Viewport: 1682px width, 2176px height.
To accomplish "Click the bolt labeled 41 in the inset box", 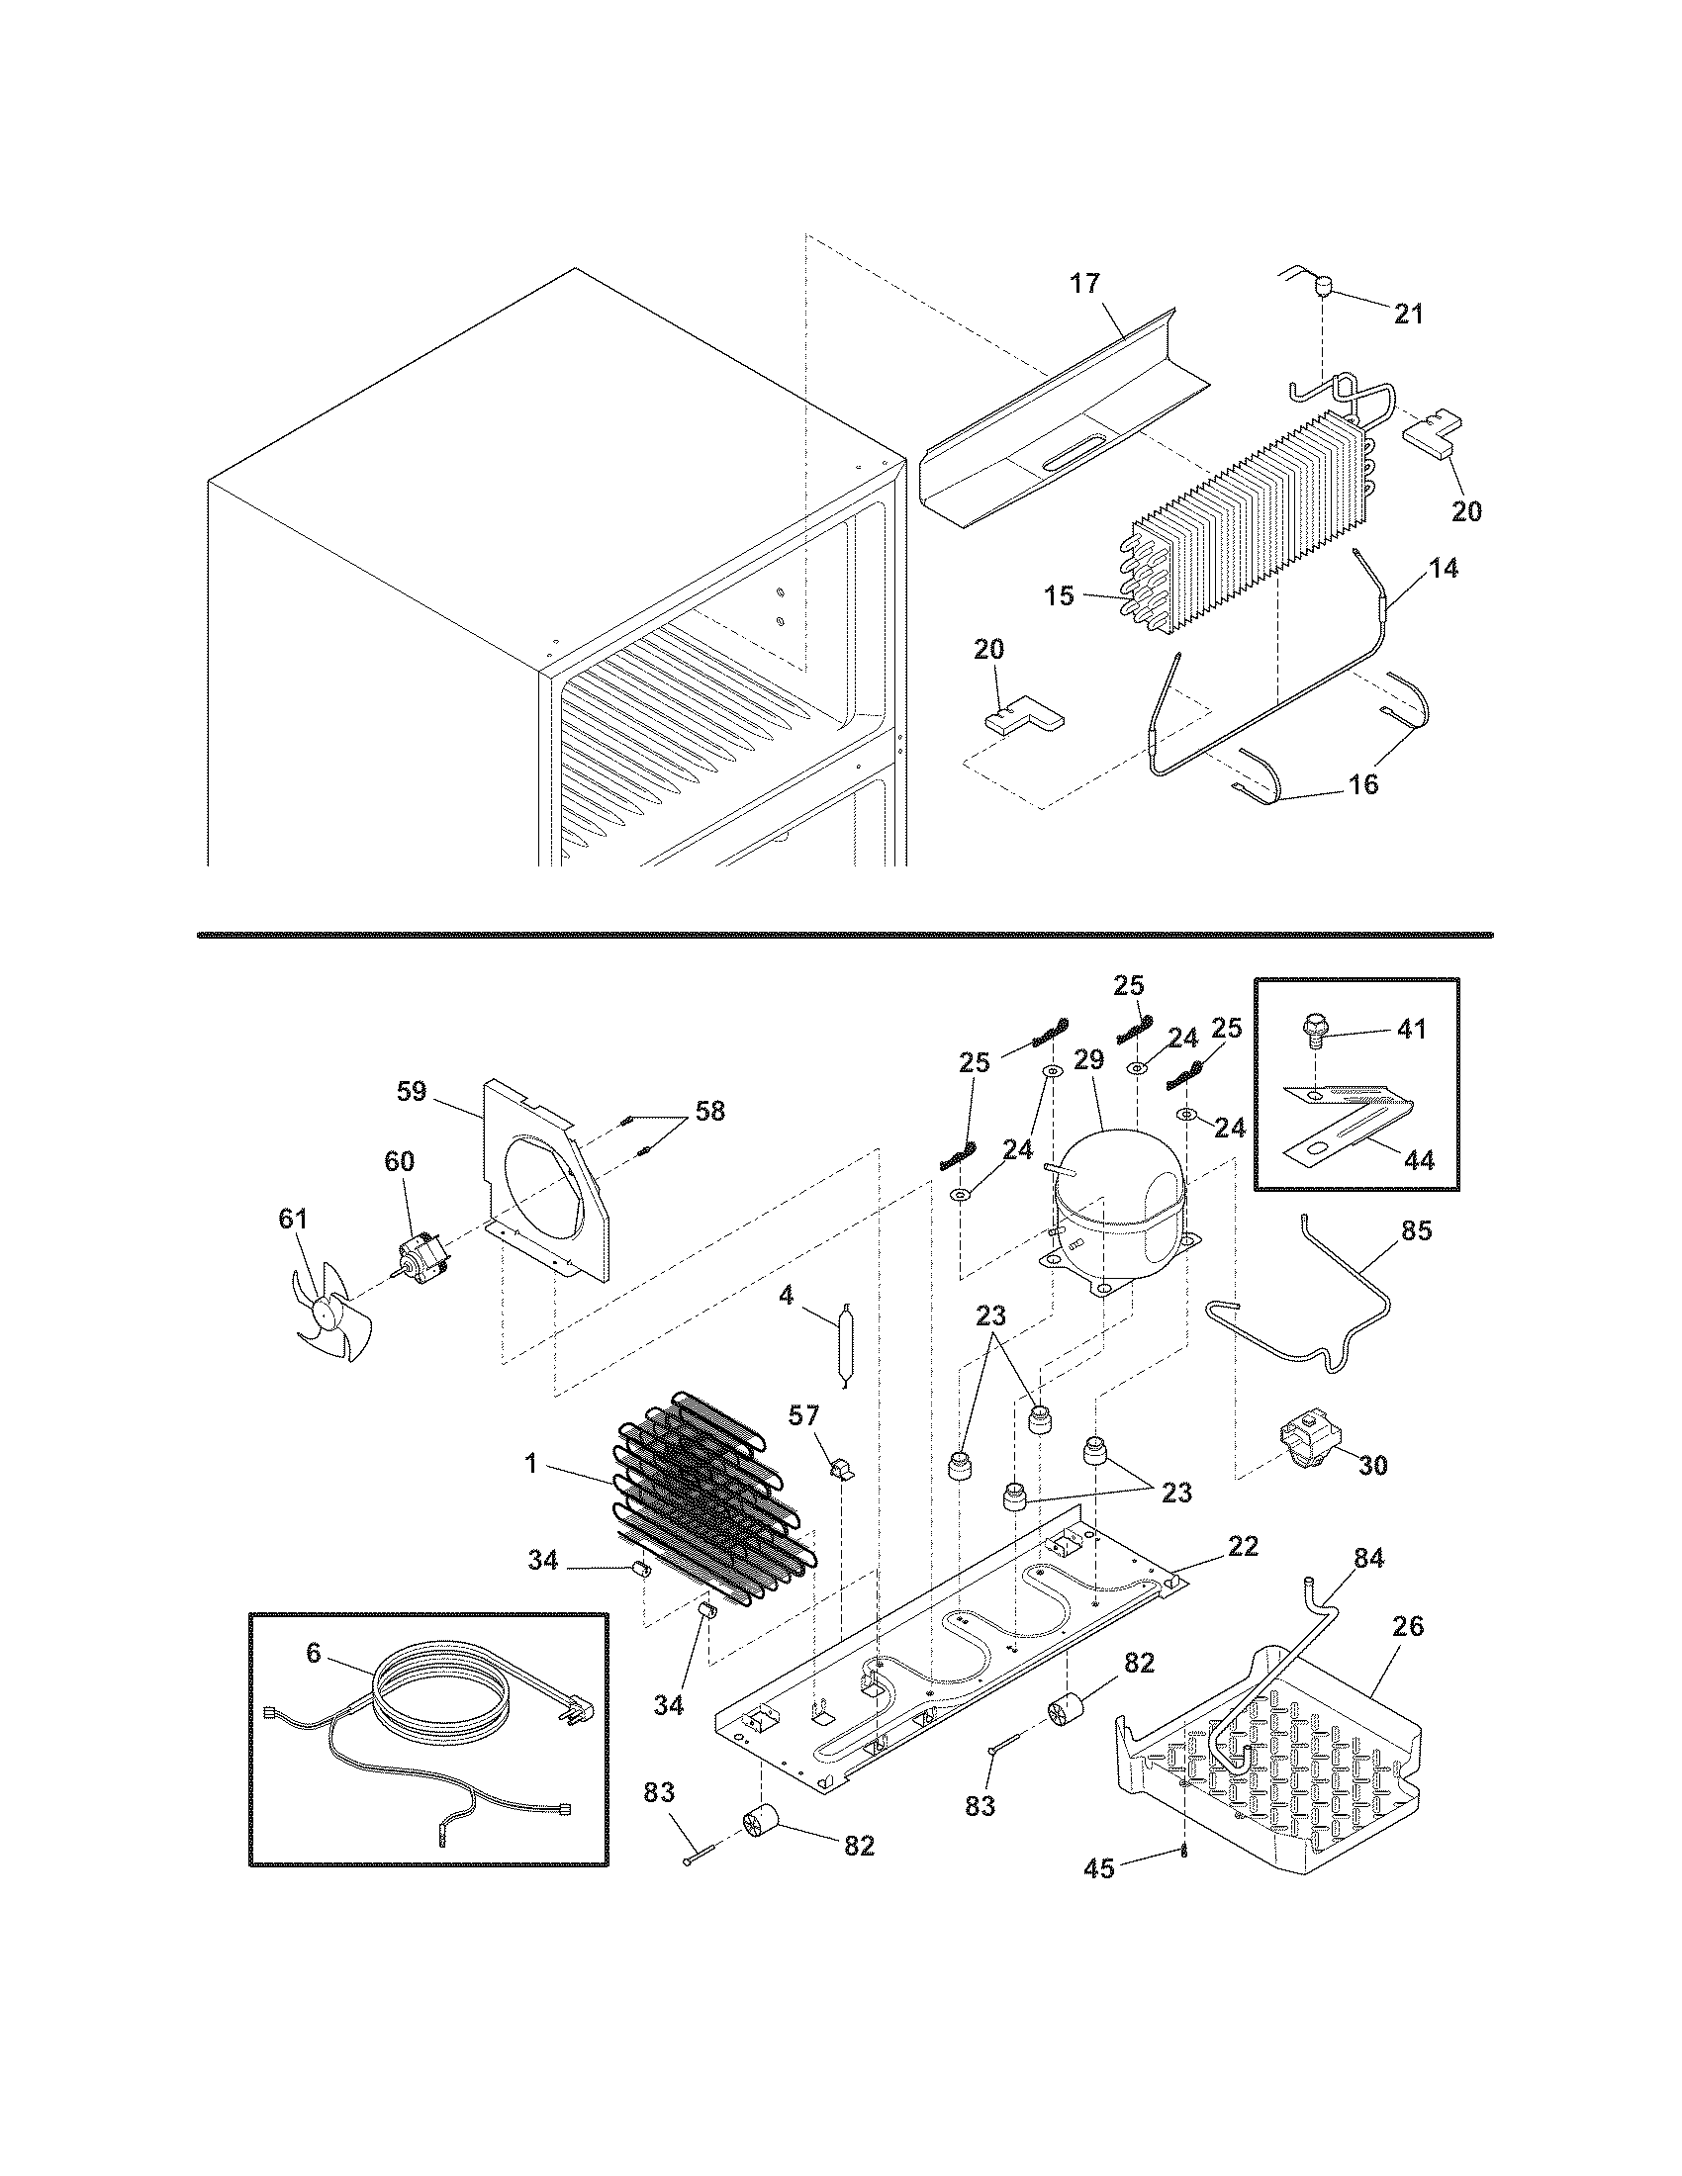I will click(1318, 1033).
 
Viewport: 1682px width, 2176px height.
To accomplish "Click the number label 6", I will click(314, 1654).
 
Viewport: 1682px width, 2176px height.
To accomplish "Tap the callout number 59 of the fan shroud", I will click(412, 1091).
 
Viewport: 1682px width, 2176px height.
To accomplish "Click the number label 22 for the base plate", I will click(1243, 1545).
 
